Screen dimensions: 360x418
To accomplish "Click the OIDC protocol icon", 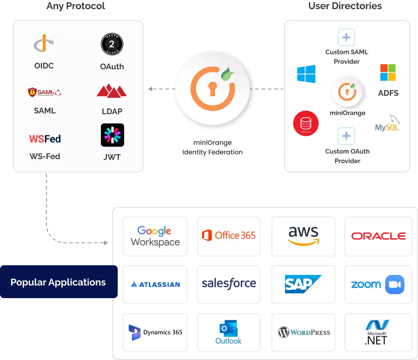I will click(44, 44).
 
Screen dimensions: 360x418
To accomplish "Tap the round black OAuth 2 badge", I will click(112, 45).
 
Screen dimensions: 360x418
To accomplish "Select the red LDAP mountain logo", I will click(111, 90).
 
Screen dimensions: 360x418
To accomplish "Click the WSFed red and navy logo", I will click(45, 139).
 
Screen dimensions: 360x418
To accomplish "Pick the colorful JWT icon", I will click(112, 135).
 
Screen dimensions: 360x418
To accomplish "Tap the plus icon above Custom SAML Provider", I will click(346, 37).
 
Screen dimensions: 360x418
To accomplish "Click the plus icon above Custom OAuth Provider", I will click(346, 136).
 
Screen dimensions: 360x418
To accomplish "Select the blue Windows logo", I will click(306, 74).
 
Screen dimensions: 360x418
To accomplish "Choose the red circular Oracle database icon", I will click(305, 123).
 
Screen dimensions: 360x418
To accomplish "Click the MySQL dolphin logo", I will click(388, 124).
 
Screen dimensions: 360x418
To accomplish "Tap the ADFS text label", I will click(388, 93).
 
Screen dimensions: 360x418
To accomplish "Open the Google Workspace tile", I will click(155, 236).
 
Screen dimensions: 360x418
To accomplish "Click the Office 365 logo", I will click(228, 236).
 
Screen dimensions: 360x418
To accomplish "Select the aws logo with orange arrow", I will click(303, 236).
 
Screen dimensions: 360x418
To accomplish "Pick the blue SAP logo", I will click(303, 284).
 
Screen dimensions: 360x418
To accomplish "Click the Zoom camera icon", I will click(394, 284).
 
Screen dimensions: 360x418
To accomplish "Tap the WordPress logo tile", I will click(304, 333).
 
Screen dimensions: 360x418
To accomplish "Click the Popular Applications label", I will click(58, 283).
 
